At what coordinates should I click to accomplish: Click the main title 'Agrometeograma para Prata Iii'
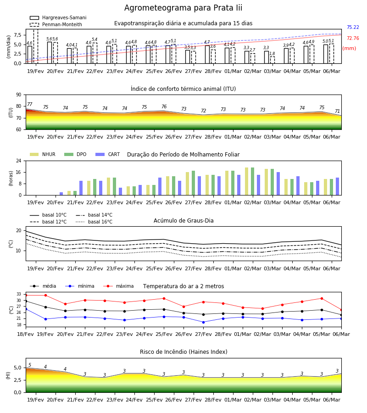coord(183,8)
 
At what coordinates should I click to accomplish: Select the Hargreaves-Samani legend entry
coord(58,17)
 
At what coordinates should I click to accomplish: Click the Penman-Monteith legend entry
coord(56,24)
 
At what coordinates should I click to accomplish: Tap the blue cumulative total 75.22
coord(353,27)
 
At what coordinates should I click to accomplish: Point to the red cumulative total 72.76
coord(353,38)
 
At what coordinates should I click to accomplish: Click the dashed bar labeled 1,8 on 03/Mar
coord(272,60)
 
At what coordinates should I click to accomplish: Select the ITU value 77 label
coord(29,104)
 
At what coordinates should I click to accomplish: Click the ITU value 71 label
coord(337,111)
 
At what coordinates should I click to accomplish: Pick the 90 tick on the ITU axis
coord(19,95)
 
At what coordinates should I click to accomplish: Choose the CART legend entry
coord(107,154)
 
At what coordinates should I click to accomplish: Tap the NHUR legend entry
coord(42,154)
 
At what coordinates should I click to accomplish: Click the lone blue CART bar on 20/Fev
coord(61,194)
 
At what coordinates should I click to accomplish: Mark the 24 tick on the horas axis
coord(19,161)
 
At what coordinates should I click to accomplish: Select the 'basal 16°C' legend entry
coord(94,222)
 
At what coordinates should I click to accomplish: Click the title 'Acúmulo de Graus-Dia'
coord(183,220)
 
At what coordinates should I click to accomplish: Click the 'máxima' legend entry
coord(118,286)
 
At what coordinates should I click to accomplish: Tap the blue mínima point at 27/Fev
coord(204,322)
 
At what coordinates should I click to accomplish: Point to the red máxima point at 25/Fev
coord(164,298)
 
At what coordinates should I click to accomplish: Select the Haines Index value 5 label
coord(30,365)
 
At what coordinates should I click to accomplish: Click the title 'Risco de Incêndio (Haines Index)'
coord(183,352)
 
